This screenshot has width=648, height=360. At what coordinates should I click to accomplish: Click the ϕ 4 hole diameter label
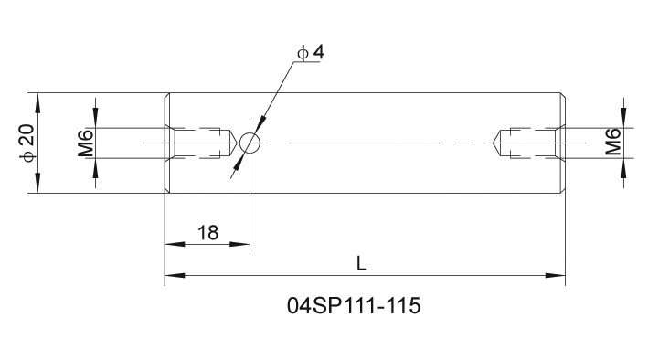point(311,53)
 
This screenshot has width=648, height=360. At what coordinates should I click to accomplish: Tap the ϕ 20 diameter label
point(27,143)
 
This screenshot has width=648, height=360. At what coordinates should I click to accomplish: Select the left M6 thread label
point(86,143)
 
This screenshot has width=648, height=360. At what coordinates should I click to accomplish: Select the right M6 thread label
point(613,142)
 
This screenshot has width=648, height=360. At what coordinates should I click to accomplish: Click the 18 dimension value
point(207,233)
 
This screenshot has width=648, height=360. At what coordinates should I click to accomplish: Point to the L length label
point(362,263)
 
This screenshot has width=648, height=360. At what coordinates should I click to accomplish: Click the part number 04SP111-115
point(354,306)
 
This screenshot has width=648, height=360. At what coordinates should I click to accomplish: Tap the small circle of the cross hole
point(250,143)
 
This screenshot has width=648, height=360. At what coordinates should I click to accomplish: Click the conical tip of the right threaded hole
point(495,143)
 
